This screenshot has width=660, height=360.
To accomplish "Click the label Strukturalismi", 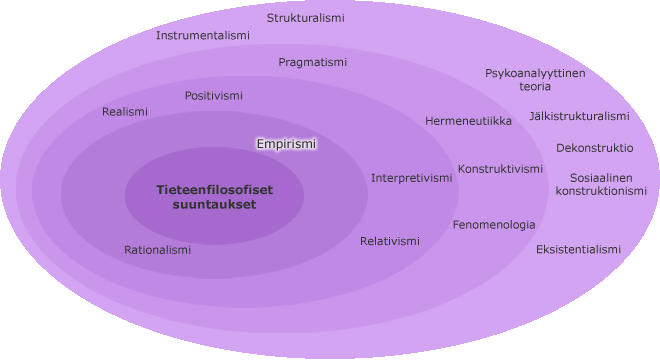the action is [x=306, y=18].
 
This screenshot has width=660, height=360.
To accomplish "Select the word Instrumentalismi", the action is [x=203, y=35].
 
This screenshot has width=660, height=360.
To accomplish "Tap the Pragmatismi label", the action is [x=313, y=62].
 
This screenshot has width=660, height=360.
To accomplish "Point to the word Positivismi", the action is [x=214, y=96].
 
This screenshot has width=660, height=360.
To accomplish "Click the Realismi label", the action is [x=125, y=112].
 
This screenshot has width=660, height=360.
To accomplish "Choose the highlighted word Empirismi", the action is [x=286, y=144].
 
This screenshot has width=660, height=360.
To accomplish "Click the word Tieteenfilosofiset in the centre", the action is [x=215, y=190].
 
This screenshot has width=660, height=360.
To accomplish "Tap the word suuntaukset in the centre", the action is [x=214, y=205].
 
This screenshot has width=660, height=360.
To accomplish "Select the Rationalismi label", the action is [x=157, y=250].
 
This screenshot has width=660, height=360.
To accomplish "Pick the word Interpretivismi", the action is [x=412, y=178].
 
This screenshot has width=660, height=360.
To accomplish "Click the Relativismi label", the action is [x=390, y=241].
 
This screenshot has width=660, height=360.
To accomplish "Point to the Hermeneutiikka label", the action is [x=468, y=121].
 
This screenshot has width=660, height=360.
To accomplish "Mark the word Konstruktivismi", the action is [x=500, y=169].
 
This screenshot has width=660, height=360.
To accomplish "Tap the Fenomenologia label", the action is [x=494, y=225].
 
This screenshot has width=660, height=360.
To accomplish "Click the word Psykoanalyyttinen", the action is [x=535, y=73].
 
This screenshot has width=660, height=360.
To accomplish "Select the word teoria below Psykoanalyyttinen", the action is [x=535, y=87].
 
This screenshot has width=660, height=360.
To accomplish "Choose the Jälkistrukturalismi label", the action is [x=580, y=116].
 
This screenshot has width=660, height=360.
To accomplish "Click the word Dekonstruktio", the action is [x=595, y=148].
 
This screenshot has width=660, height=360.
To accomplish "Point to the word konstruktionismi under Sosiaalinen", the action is [x=601, y=191].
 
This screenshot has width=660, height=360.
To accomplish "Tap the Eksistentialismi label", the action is [x=578, y=250].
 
